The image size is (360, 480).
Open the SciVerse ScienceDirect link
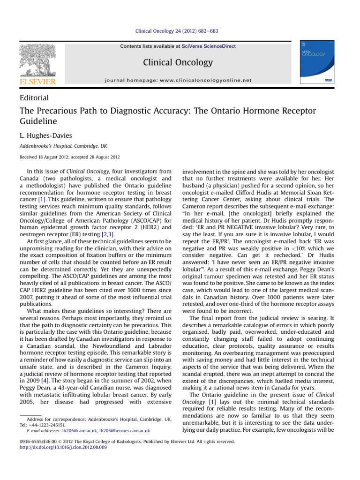point(209,46)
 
